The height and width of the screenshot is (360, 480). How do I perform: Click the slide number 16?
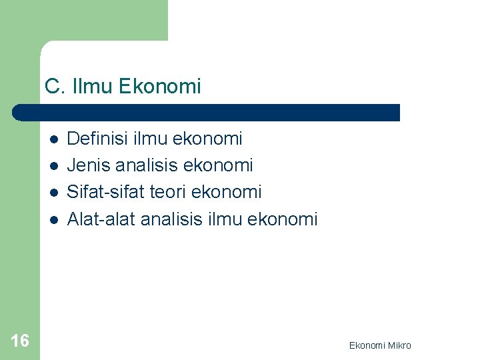[x=20, y=341]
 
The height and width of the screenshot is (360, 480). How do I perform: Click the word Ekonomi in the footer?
[x=366, y=345]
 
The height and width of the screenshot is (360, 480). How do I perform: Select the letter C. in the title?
[x=53, y=87]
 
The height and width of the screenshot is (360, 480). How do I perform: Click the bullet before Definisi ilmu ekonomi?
[x=53, y=139]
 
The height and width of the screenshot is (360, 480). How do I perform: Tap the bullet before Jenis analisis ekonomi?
[x=53, y=166]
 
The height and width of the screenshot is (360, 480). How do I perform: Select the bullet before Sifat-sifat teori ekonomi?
[x=53, y=193]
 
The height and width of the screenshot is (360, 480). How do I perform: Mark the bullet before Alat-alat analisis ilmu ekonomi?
[x=53, y=219]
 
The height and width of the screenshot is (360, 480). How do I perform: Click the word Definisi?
[x=99, y=139]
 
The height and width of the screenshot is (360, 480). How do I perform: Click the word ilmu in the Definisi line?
[x=151, y=139]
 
